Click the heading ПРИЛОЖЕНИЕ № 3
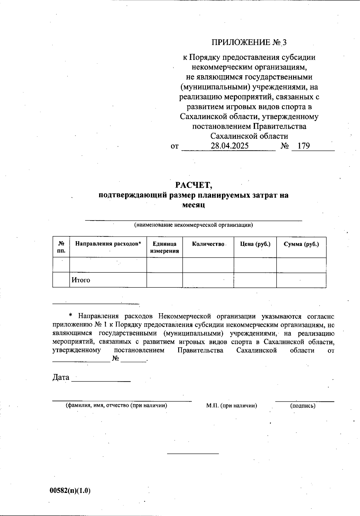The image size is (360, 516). tap(249, 42)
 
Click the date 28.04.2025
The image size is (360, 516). tap(229, 146)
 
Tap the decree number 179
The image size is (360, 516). tap(304, 146)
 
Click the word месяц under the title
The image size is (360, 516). tap(194, 205)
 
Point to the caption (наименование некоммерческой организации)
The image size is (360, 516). tap(193, 225)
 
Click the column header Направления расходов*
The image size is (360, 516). tap(108, 244)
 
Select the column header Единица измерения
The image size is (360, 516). tap(164, 247)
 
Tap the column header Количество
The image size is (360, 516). tap(208, 244)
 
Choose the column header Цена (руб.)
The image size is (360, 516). tap(255, 244)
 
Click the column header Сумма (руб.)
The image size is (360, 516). tap(301, 244)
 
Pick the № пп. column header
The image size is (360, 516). tap(61, 247)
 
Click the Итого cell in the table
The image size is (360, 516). tap(81, 280)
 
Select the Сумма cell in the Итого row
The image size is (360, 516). tap(301, 280)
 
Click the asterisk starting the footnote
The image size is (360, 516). tap(71, 316)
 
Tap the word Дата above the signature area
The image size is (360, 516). tap(61, 377)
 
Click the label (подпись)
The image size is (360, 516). tap(303, 406)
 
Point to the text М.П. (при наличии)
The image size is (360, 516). tap(232, 406)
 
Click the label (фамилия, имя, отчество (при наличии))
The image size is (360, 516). tap(116, 406)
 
